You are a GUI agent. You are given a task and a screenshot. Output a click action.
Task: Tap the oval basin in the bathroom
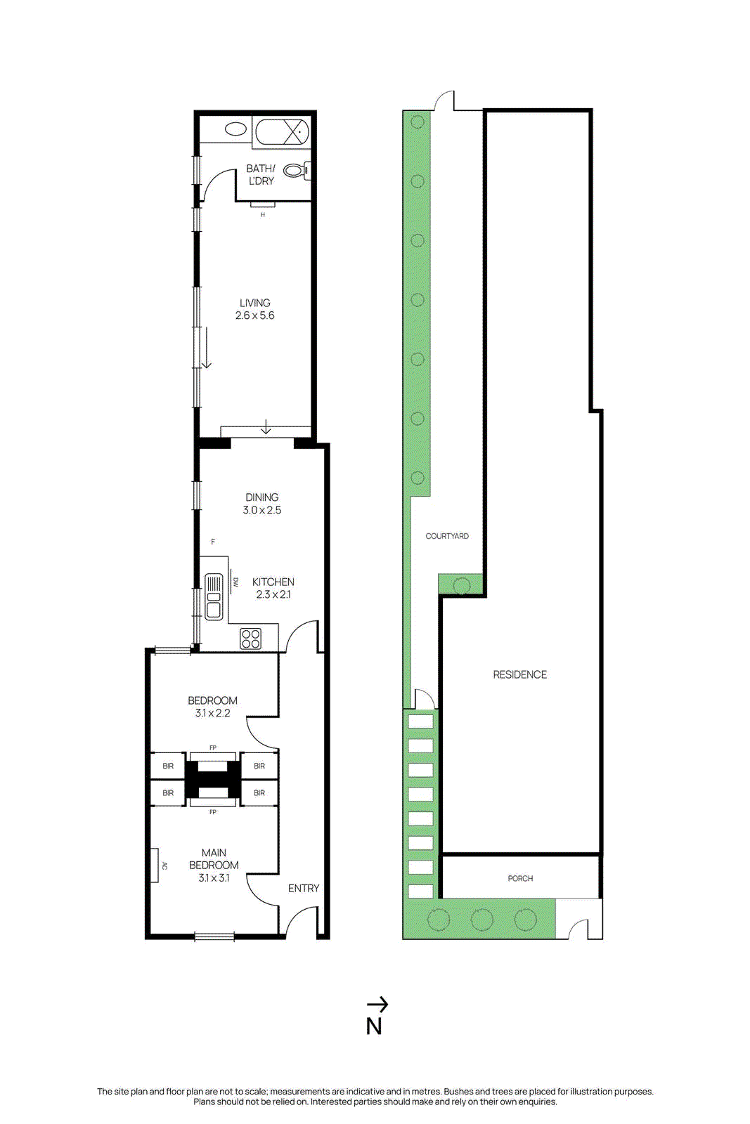[235, 129]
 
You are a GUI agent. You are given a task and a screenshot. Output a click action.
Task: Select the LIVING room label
[254, 303]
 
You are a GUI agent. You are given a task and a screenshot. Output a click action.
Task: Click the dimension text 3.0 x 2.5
[261, 510]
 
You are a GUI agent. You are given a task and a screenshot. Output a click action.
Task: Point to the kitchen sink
[213, 596]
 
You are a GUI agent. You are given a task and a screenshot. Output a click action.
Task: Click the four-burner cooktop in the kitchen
[250, 639]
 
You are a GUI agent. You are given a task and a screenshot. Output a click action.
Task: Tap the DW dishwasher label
[236, 582]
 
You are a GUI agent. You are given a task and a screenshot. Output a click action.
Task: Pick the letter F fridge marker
[213, 542]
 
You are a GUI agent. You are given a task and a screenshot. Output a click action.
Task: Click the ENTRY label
[303, 889]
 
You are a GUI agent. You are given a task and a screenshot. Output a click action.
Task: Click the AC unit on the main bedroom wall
[155, 865]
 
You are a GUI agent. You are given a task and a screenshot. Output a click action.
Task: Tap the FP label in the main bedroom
[213, 812]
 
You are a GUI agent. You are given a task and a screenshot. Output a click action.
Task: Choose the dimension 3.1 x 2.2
[212, 713]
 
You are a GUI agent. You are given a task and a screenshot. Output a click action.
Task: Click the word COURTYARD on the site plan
[447, 536]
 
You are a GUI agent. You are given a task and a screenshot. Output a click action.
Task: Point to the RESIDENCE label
[519, 674]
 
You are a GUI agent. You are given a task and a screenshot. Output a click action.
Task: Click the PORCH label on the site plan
[520, 878]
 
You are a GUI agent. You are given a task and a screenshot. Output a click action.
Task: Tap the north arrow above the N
[377, 1005]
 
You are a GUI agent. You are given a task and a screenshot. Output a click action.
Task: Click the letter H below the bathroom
[263, 215]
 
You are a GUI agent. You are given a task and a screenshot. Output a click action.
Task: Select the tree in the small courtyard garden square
[462, 584]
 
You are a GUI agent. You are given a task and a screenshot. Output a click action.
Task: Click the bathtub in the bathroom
[281, 131]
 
